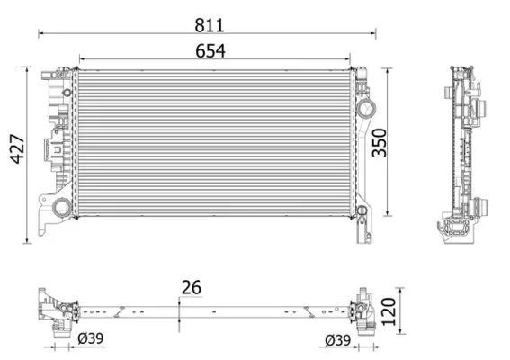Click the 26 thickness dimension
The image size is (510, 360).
(x=191, y=288)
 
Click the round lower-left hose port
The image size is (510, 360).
(x=61, y=208)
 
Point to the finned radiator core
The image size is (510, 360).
(x=214, y=142)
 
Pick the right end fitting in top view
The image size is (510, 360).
(x=362, y=310)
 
